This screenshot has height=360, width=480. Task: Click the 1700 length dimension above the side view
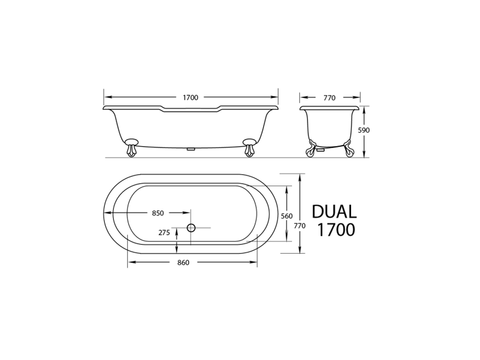tap(191, 98)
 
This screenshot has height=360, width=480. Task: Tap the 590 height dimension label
tap(364, 130)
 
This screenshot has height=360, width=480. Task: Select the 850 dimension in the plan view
tap(158, 213)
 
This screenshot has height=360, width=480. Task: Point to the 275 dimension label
tap(164, 232)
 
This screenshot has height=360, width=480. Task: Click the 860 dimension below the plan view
tap(184, 263)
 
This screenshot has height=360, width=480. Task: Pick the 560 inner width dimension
tap(287, 216)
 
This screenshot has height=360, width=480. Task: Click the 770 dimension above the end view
tap(329, 98)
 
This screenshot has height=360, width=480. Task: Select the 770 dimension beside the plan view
tap(300, 225)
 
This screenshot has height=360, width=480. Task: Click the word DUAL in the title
tap(334, 211)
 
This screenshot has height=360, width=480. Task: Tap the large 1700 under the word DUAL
tap(336, 230)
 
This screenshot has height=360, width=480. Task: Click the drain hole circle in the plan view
tap(191, 228)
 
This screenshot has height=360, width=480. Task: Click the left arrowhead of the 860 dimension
tap(130, 263)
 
